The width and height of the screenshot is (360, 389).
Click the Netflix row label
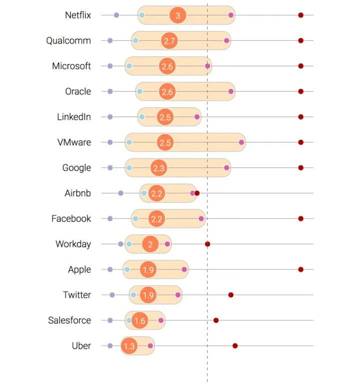tap(78, 15)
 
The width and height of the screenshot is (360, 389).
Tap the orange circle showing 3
tap(178, 15)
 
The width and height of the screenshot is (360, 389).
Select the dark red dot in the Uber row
tap(235, 346)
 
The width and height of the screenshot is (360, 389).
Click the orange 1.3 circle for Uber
tap(129, 346)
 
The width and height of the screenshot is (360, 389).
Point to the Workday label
tap(73, 244)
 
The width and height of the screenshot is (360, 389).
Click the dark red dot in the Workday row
tap(207, 244)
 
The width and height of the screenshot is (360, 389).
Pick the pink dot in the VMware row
tap(242, 143)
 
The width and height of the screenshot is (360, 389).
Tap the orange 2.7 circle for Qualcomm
tap(169, 40)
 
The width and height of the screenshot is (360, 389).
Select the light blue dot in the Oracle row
tap(140, 91)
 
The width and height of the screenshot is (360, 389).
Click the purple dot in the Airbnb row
tap(120, 193)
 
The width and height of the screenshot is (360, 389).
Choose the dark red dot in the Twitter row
tap(231, 295)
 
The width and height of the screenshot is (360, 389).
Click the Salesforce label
tap(69, 320)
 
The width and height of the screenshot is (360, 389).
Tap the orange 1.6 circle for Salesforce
tap(140, 320)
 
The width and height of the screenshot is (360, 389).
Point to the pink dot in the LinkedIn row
tap(197, 117)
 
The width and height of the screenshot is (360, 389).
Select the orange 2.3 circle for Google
tap(159, 168)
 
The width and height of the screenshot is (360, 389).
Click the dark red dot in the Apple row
tap(301, 269)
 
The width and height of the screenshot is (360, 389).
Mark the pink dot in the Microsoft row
tap(207, 66)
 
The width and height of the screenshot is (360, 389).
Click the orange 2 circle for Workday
tap(150, 244)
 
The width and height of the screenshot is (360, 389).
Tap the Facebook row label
tap(71, 218)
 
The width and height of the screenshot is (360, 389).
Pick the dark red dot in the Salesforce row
tap(216, 320)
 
